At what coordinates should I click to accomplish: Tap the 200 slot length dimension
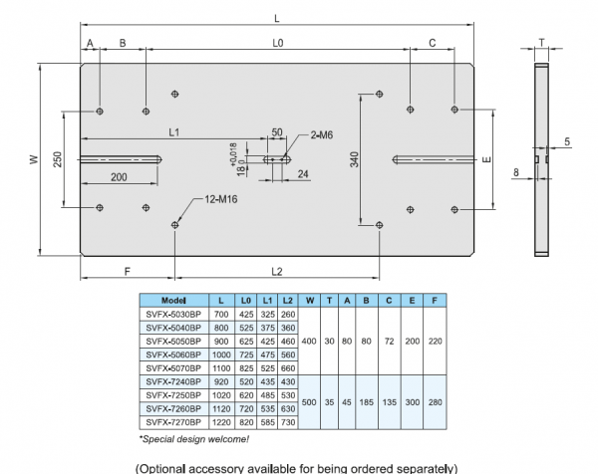pos(120,176)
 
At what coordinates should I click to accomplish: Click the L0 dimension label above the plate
pos(278,43)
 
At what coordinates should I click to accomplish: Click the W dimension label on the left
pos(32,159)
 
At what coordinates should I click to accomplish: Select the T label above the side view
pos(540,42)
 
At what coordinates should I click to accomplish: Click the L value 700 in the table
pos(220,314)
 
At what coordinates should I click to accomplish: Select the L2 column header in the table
pos(287,300)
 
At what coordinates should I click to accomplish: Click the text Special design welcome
pos(181,438)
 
